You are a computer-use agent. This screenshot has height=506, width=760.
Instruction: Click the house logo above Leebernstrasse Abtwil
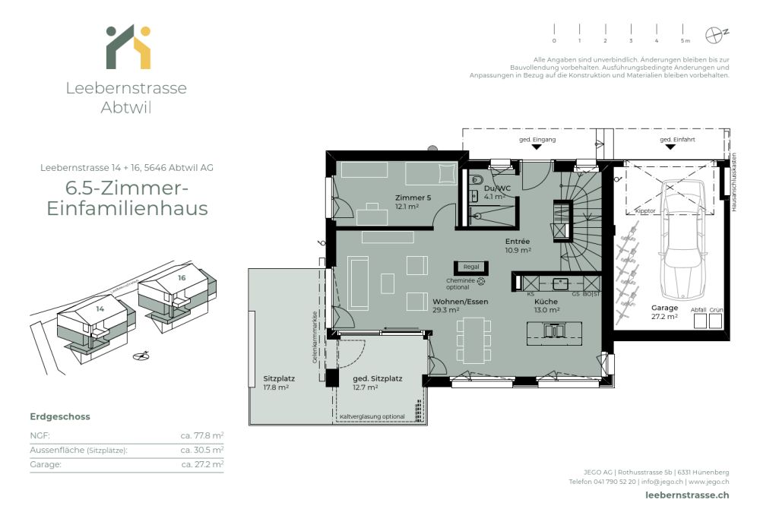127,47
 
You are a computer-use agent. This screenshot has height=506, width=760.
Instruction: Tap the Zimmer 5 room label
413,201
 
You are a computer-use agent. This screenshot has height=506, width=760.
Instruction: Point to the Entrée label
518,245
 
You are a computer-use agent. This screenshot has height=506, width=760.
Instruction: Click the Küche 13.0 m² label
546,305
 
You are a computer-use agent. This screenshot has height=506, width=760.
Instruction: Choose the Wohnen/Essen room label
461,305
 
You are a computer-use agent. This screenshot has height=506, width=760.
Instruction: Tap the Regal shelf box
471,267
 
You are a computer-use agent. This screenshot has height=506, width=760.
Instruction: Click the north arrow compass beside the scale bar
714,34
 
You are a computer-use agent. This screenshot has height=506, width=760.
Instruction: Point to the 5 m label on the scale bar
685,40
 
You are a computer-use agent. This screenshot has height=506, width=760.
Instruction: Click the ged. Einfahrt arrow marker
670,147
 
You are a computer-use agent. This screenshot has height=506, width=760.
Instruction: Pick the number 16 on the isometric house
182,278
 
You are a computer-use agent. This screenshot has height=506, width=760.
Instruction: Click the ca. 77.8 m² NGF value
201,435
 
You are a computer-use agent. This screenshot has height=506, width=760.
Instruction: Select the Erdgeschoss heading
59,416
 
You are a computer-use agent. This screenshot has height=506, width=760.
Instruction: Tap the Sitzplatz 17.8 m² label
279,381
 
